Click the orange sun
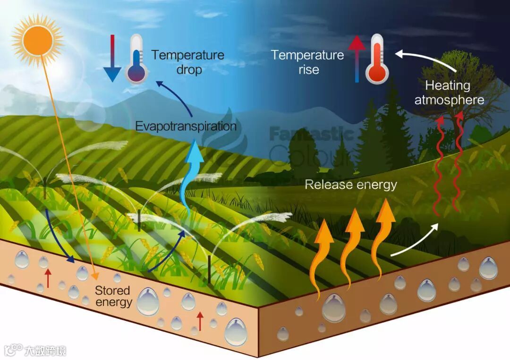37,40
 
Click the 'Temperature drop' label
188,62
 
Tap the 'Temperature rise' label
307,62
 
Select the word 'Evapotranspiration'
186,126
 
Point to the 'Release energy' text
350,184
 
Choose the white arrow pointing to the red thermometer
425,59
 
